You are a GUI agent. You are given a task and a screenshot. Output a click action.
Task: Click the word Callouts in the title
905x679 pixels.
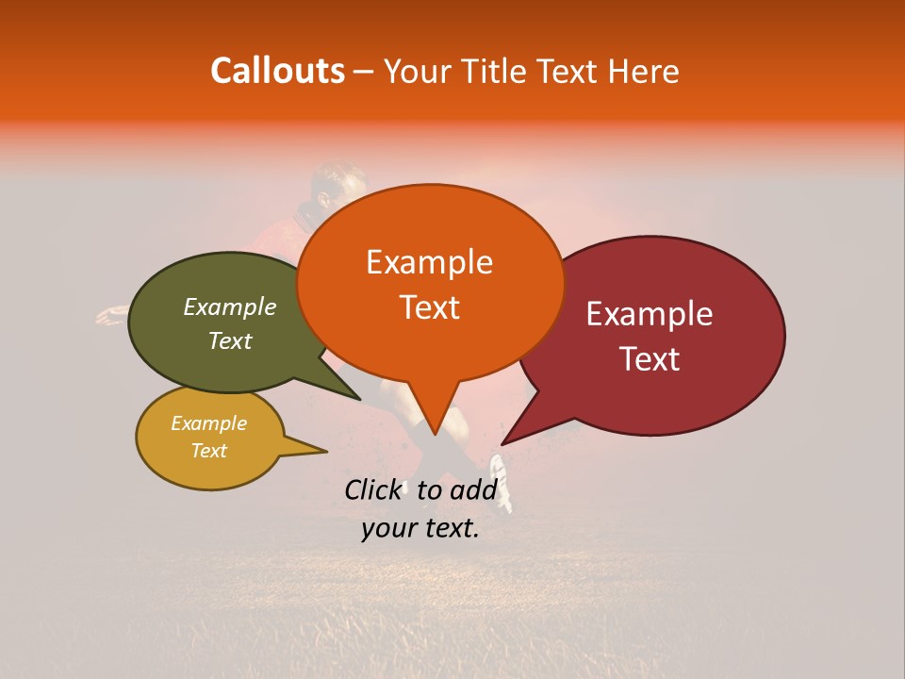(277, 71)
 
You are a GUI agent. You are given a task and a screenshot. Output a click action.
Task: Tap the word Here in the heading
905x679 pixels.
(643, 72)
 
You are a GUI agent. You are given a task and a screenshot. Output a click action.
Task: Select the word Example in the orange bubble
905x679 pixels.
(429, 262)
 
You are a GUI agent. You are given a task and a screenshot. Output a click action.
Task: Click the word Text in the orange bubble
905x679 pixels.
(430, 307)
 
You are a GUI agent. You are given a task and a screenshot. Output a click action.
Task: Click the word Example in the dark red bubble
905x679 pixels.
(650, 314)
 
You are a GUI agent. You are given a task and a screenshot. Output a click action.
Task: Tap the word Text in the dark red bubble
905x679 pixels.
(650, 359)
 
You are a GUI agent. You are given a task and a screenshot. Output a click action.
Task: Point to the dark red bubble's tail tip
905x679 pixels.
(502, 444)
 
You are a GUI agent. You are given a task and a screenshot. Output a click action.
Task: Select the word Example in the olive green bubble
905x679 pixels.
(230, 306)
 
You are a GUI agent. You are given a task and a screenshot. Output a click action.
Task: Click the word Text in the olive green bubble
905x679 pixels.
(230, 340)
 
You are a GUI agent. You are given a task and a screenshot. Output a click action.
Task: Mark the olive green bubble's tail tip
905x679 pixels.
(360, 400)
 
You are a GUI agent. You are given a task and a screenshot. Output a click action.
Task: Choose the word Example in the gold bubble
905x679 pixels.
(208, 423)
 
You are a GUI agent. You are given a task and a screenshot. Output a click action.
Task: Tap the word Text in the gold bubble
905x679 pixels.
(209, 451)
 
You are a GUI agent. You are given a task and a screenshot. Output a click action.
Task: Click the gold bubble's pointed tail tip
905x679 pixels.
(326, 452)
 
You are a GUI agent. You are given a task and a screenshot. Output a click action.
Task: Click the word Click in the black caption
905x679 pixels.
(372, 489)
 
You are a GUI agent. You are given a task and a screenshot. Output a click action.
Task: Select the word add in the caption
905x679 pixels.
(473, 489)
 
